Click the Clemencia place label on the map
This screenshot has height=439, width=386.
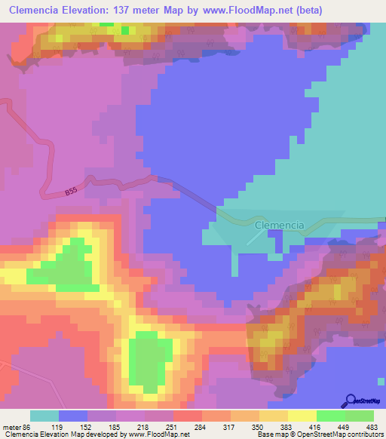tap(279, 226)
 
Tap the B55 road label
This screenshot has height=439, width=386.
tap(70, 193)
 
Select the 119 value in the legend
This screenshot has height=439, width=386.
tap(73, 426)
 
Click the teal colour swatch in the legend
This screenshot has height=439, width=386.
tap(44, 416)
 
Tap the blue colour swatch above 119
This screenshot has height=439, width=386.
tap(73, 416)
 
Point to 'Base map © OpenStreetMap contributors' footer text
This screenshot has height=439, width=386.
tap(317, 434)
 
